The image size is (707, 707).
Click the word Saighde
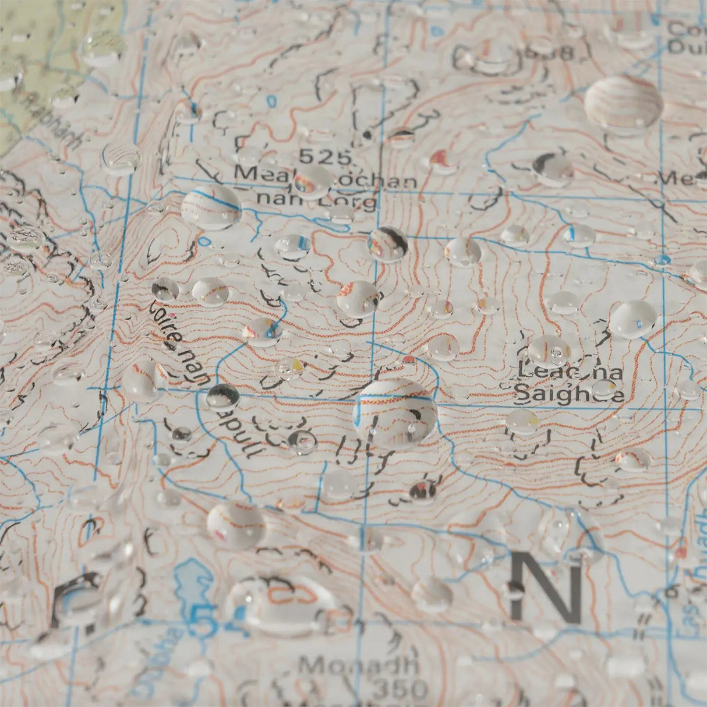click(570, 394)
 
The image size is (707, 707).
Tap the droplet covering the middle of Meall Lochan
click(313, 181)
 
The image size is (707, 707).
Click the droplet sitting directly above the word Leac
click(549, 350)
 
